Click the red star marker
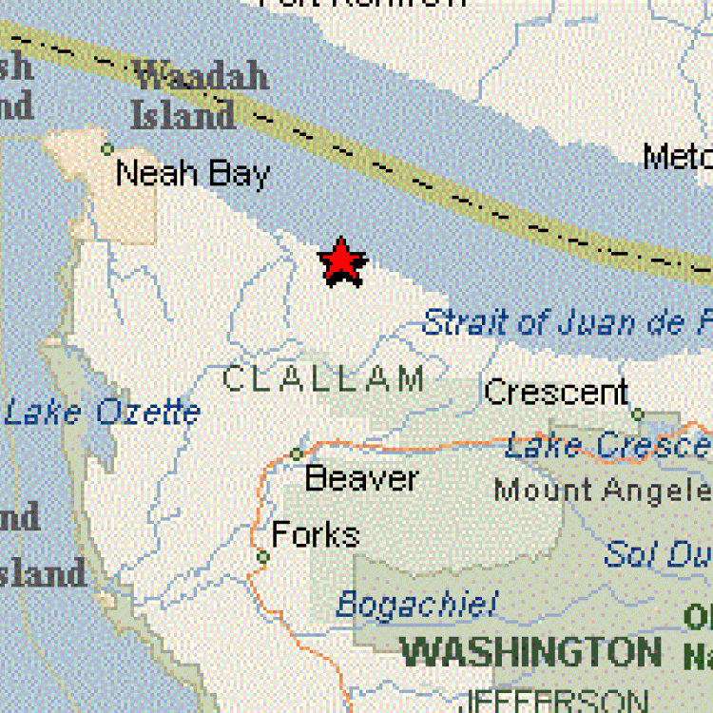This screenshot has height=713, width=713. click(x=342, y=262)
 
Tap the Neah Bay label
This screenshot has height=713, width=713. click(x=192, y=174)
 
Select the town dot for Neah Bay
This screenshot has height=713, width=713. click(x=107, y=148)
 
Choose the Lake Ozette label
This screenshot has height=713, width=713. click(x=103, y=413)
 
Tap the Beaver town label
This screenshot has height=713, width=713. click(x=360, y=478)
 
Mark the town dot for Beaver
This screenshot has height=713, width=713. click(x=297, y=453)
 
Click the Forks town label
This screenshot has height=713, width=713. click(x=316, y=535)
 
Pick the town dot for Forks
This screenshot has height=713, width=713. click(x=263, y=557)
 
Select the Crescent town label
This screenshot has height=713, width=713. click(x=556, y=392)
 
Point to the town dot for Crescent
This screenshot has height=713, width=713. click(x=638, y=414)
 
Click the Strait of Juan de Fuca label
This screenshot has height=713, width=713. click(x=567, y=322)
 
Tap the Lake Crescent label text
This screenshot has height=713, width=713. click(x=608, y=446)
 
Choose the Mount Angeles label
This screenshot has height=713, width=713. click(x=603, y=491)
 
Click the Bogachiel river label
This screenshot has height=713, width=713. click(x=416, y=604)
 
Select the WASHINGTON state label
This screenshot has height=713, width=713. click(x=530, y=653)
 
